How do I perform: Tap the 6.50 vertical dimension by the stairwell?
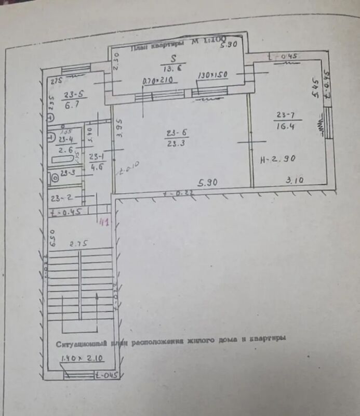point(51,240)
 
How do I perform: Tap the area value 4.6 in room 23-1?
point(97,167)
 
